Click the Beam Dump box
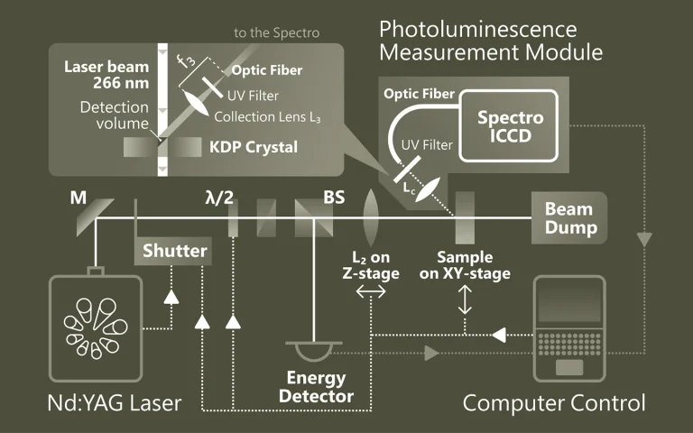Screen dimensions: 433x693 [569, 217]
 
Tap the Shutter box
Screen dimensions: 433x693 [174, 250]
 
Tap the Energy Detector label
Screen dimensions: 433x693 [316, 387]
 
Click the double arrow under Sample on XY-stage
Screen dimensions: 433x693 [466, 299]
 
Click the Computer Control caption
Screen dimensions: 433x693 [554, 402]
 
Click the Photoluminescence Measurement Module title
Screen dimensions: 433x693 [491, 41]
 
